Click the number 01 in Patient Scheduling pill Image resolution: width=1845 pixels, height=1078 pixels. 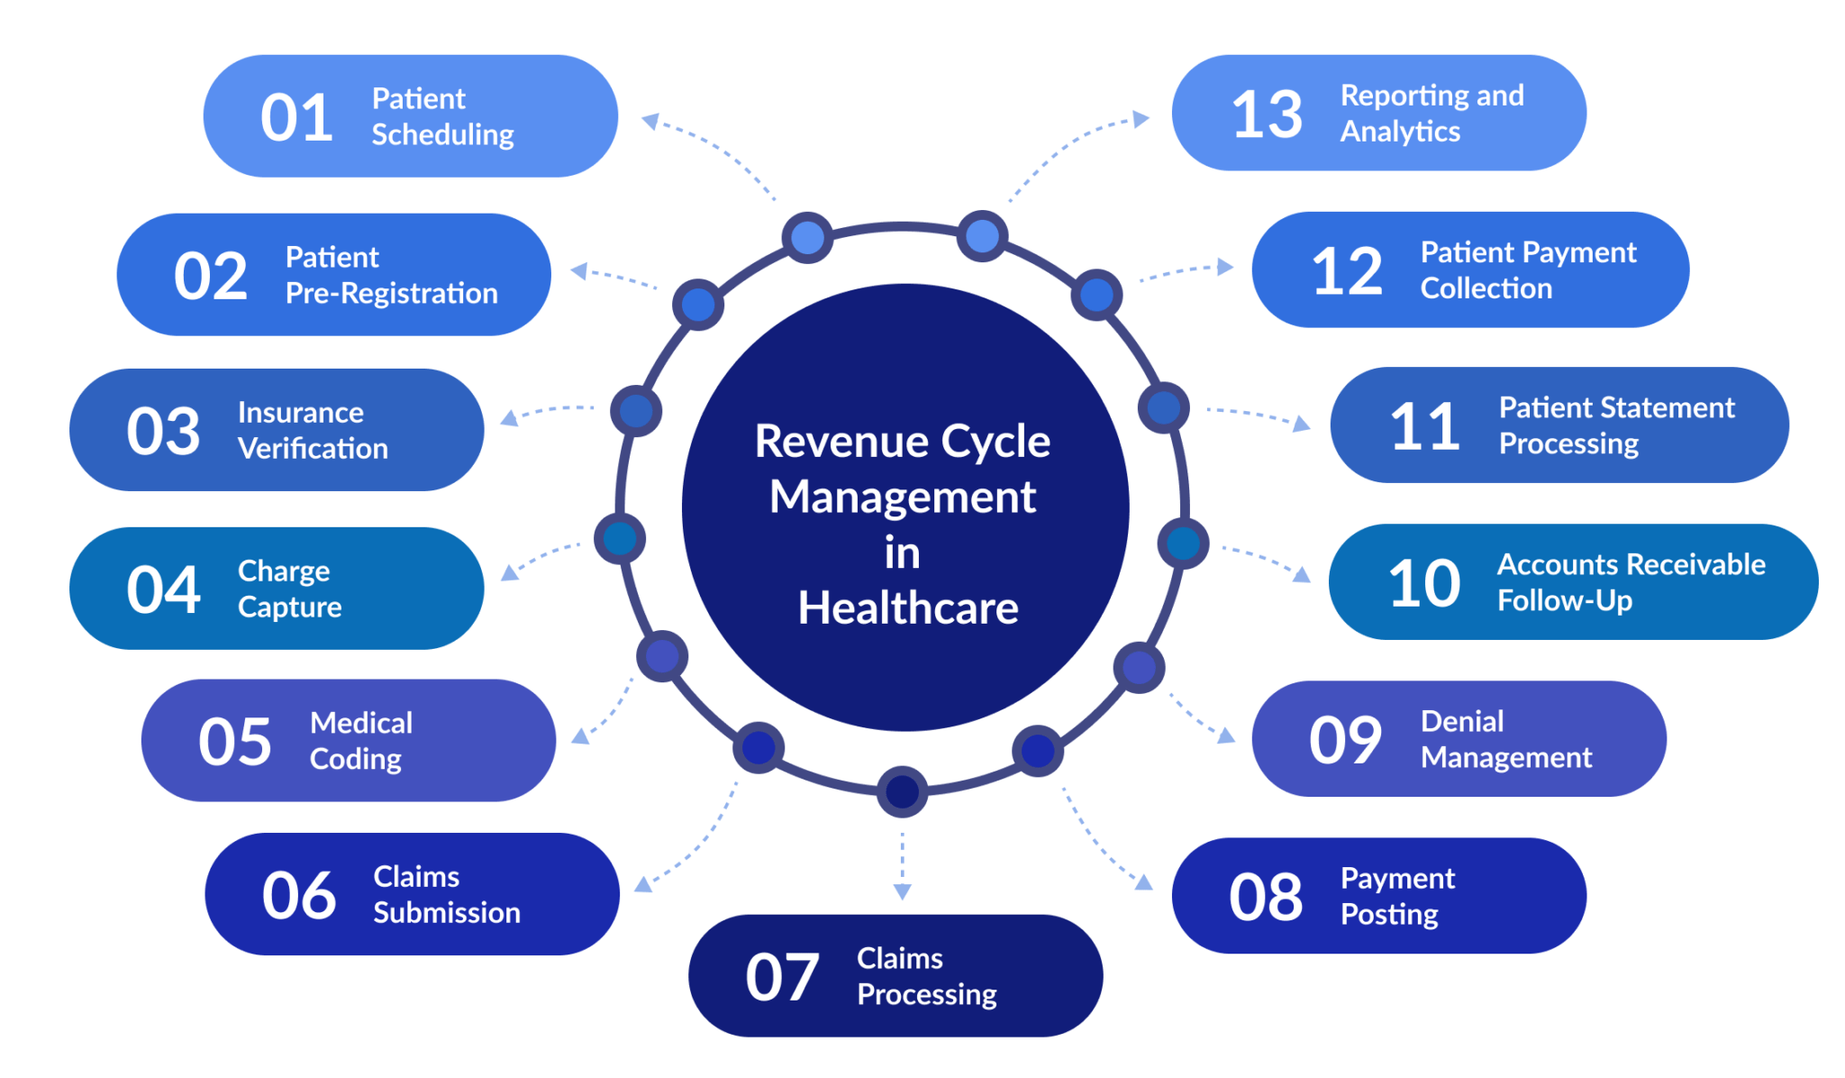pyautogui.click(x=296, y=118)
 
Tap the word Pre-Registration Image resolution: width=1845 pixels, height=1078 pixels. pyautogui.click(x=391, y=294)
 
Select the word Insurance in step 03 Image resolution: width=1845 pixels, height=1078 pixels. pyautogui.click(x=300, y=413)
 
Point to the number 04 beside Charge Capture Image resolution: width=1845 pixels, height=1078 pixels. pyautogui.click(x=163, y=590)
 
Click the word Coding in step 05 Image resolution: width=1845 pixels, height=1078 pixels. pyautogui.click(x=355, y=760)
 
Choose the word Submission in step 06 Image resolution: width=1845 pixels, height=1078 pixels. pyautogui.click(x=447, y=913)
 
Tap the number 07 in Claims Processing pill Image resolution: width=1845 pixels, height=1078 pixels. pyautogui.click(x=781, y=978)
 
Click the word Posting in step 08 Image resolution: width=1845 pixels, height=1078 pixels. pyautogui.click(x=1388, y=915)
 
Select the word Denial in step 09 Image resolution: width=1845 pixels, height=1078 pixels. pyautogui.click(x=1461, y=722)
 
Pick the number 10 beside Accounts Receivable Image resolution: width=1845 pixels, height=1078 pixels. pyautogui.click(x=1423, y=584)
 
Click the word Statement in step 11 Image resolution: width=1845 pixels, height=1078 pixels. pyautogui.click(x=1616, y=408)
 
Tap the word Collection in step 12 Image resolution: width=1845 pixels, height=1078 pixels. pyautogui.click(x=1486, y=288)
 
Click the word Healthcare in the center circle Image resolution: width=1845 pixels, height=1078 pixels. pyautogui.click(x=907, y=608)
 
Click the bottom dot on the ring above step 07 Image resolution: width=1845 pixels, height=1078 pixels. pyautogui.click(x=902, y=792)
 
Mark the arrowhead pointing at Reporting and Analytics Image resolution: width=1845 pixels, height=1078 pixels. pyautogui.click(x=1141, y=119)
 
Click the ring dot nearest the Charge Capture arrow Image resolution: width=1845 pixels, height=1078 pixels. pyautogui.click(x=620, y=539)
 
